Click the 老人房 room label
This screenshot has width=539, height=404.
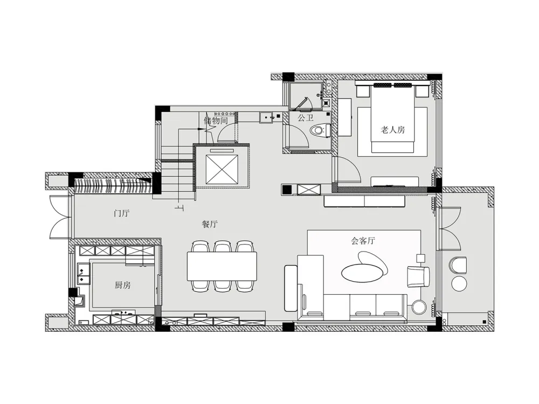pyautogui.click(x=392, y=130)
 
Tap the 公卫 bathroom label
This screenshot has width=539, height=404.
pyautogui.click(x=305, y=118)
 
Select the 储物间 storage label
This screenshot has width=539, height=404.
pyautogui.click(x=216, y=121)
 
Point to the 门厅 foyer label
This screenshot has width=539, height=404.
pyautogui.click(x=121, y=213)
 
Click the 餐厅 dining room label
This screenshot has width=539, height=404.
pyautogui.click(x=209, y=224)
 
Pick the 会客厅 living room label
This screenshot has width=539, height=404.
pyautogui.click(x=363, y=240)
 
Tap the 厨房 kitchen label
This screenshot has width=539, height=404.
pyautogui.click(x=122, y=285)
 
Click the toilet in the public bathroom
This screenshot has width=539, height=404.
pyautogui.click(x=320, y=130)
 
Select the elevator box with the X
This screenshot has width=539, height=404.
pyautogui.click(x=222, y=169)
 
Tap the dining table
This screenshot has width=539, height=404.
pyautogui.click(x=222, y=266)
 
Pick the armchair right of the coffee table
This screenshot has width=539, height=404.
pyautogui.click(x=418, y=276)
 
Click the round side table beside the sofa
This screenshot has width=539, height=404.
pyautogui.click(x=419, y=307)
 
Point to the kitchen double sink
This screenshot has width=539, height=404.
pyautogui.click(x=83, y=274)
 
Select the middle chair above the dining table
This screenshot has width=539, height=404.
pyautogui.click(x=223, y=247)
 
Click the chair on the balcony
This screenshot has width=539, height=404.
pyautogui.click(x=458, y=264)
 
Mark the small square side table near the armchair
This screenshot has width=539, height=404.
pyautogui.click(x=421, y=258)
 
